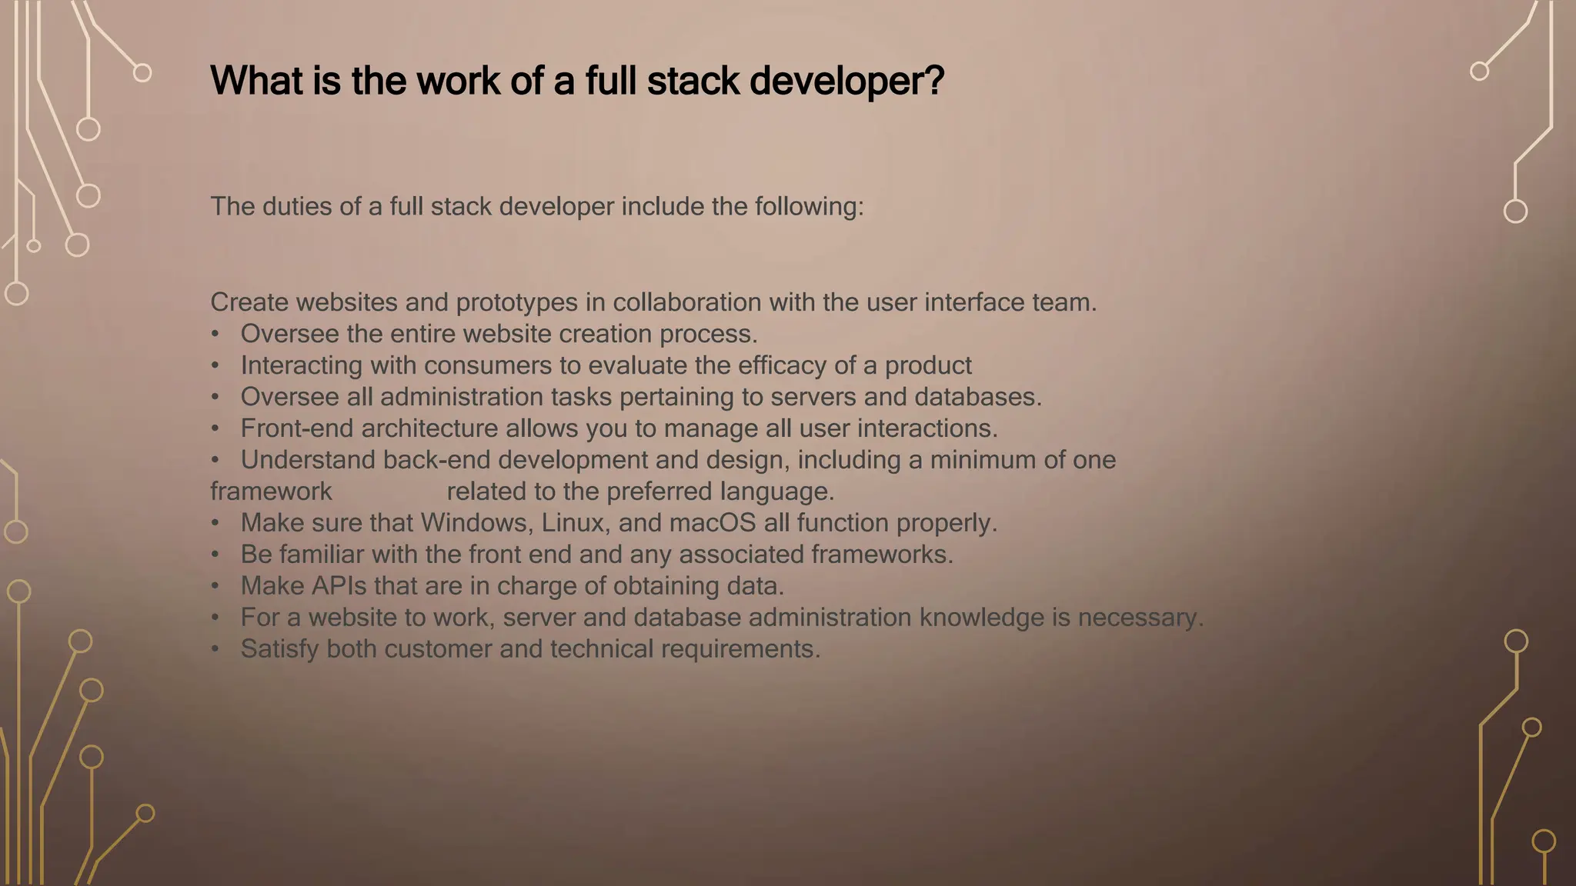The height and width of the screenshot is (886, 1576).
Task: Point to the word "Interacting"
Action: click(x=301, y=365)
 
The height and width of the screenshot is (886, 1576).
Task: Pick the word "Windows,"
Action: click(x=477, y=523)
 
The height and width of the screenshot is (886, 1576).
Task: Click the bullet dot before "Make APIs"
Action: click(x=215, y=586)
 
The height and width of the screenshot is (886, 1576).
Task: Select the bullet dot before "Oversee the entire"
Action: click(x=215, y=334)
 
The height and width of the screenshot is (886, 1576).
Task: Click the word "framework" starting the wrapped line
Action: click(x=271, y=491)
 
